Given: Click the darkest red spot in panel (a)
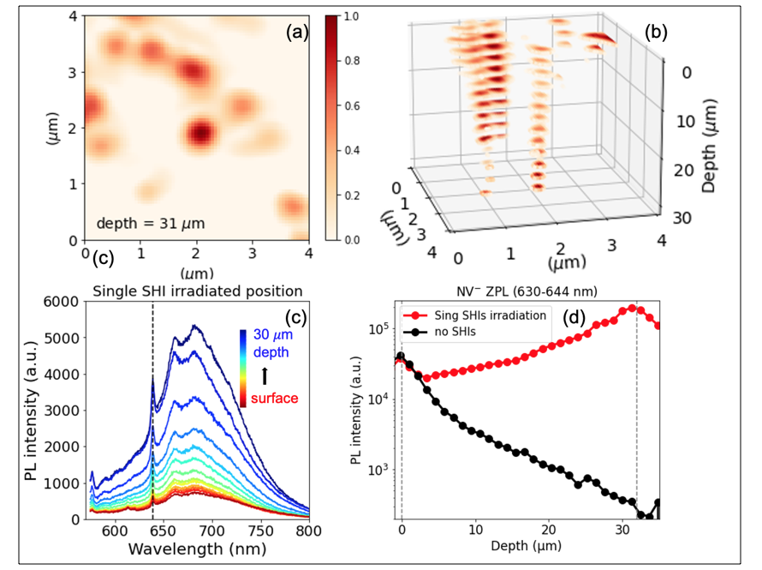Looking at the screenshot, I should [199, 133].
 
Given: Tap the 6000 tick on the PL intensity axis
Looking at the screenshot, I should [63, 301].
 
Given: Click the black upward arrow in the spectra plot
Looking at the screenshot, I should [265, 375].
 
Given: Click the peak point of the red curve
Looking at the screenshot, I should [633, 308].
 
